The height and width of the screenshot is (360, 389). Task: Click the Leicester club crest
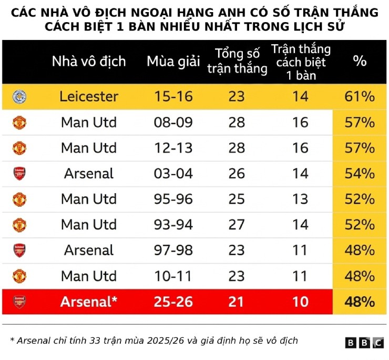point(19,97)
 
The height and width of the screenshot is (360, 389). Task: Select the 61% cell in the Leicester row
point(360,97)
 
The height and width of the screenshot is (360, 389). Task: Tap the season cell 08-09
point(173,123)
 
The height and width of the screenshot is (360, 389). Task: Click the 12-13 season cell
point(173,148)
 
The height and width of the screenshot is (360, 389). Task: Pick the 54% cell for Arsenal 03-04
point(360,174)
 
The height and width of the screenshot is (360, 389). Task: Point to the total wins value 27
point(237,225)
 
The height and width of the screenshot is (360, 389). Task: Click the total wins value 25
point(237,199)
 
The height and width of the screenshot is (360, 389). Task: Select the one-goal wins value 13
point(300,199)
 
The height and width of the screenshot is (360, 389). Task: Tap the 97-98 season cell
point(173,250)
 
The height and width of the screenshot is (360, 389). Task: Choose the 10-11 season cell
point(173,276)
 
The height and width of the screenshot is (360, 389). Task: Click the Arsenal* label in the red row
point(89,302)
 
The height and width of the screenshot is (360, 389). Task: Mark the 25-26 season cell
point(173,302)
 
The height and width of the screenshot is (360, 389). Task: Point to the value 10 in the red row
point(300,302)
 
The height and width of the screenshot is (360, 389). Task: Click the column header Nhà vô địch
point(89,61)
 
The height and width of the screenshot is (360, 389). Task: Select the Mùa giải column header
point(173,61)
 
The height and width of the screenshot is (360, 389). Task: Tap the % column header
point(360,61)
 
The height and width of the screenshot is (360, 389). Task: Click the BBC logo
point(364,343)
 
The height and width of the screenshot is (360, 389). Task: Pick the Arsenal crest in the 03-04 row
point(19,174)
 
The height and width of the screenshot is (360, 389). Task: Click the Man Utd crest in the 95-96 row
point(19,199)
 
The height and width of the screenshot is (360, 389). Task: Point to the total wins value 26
point(237,174)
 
